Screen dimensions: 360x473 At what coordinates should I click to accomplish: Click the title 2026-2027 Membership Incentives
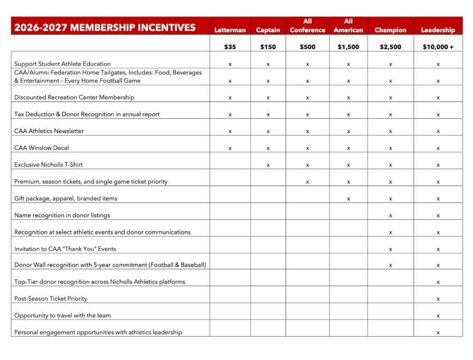105,28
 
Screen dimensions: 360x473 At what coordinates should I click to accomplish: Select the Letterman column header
230,30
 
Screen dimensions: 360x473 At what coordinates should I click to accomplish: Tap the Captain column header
268,30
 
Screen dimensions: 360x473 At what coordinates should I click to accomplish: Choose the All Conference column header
307,26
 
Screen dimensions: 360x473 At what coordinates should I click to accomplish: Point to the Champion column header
390,30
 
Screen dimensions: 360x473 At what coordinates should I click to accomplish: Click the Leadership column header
438,30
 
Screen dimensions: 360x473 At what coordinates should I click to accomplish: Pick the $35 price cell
230,47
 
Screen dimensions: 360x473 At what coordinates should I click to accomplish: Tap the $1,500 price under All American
348,47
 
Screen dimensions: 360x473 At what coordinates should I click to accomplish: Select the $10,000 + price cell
438,47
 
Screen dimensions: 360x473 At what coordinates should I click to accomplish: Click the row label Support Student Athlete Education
62,64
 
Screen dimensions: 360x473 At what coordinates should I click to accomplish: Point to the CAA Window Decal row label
42,148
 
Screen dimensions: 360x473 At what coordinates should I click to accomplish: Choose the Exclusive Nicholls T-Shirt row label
49,164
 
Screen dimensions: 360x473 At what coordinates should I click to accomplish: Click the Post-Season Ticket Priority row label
51,299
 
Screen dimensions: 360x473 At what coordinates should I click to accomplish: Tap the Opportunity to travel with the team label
63,315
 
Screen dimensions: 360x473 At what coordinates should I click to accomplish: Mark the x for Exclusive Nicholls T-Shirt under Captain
268,165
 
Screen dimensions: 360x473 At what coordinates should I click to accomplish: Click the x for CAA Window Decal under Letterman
230,148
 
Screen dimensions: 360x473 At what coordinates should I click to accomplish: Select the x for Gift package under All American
348,199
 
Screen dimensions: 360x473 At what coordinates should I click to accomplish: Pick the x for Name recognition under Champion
390,216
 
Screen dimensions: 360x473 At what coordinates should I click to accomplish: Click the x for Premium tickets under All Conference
307,182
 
